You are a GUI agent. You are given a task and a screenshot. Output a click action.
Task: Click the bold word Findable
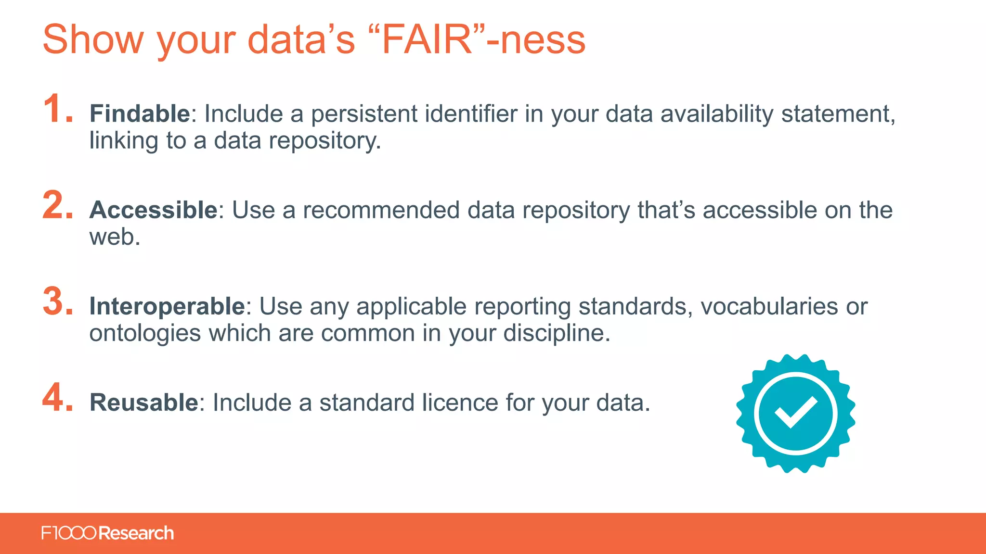[x=140, y=114]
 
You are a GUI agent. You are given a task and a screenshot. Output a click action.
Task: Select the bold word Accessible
[x=154, y=210]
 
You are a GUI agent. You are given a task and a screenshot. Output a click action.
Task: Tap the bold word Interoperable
[x=167, y=306]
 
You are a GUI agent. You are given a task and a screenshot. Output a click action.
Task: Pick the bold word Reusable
[x=143, y=403]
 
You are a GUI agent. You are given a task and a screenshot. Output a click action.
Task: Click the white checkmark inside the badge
[x=795, y=412]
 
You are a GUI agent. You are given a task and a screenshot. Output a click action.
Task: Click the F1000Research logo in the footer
[x=107, y=533]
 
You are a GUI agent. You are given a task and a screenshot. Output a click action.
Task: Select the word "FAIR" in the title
[x=427, y=39]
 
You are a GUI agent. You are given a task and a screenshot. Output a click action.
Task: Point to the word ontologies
[x=145, y=333]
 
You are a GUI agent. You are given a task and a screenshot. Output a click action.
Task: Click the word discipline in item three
[x=554, y=333]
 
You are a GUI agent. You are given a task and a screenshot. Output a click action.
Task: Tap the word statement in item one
[x=837, y=114]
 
